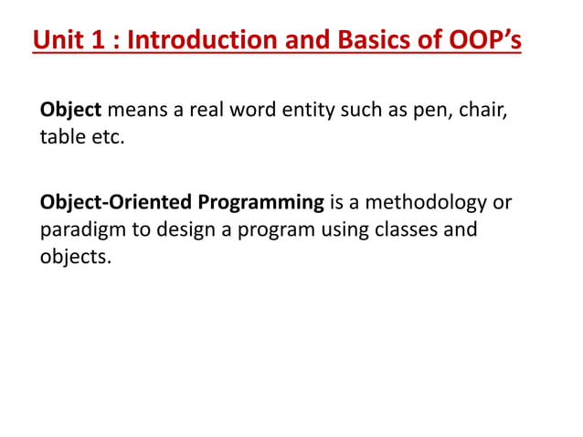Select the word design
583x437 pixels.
pos(189,229)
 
